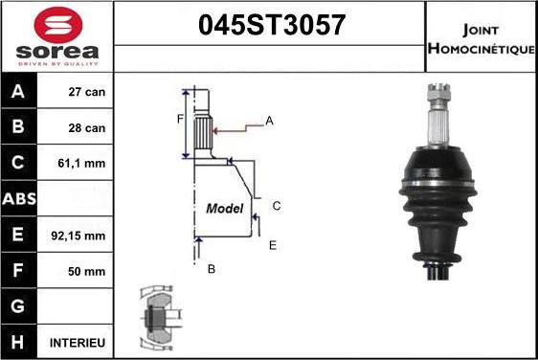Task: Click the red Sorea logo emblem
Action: coord(58,25)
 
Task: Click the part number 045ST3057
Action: coord(272,25)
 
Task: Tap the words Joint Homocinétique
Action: coord(482,39)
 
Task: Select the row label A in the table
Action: coord(18,92)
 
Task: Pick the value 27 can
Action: coord(87,92)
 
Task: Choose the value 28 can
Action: coord(87,128)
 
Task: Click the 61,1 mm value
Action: coord(81,163)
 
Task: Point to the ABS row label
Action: coord(19,199)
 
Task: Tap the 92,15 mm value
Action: coord(78,236)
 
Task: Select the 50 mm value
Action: coord(86,272)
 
